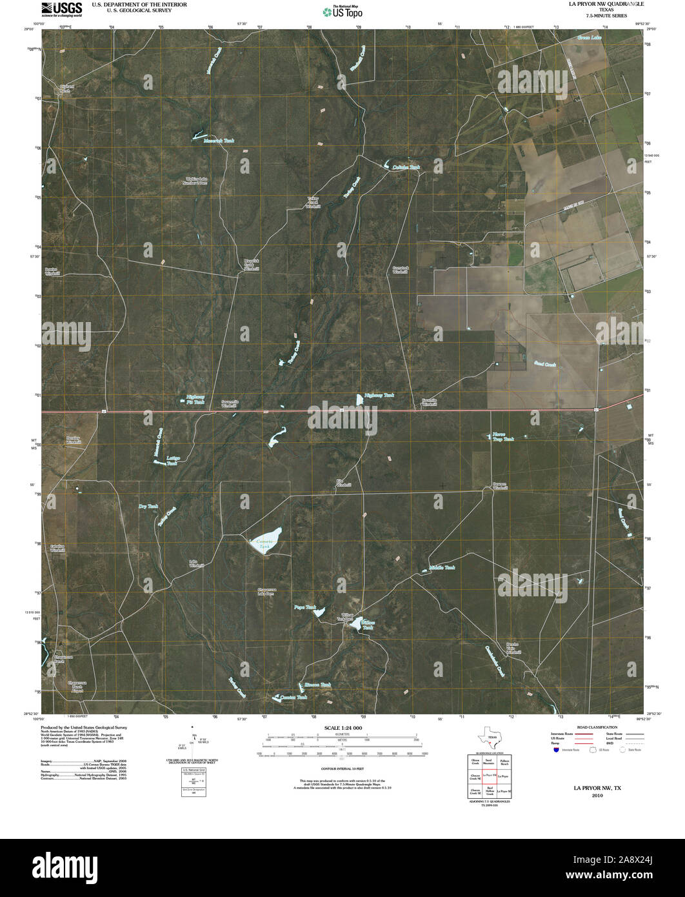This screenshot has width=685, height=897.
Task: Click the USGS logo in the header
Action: [61, 8]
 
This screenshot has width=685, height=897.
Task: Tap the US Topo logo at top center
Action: [342, 11]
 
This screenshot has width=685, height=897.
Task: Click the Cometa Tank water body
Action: [266, 539]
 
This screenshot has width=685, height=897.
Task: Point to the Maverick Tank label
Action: [219, 141]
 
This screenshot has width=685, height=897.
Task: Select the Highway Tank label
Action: [379, 395]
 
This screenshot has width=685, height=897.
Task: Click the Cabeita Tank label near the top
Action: [406, 167]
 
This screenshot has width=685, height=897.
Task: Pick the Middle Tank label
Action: [442, 568]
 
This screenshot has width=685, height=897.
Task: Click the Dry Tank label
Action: [148, 507]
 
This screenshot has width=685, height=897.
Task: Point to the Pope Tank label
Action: [304, 607]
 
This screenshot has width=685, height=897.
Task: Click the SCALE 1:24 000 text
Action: [342, 728]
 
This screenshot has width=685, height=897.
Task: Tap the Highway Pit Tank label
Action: [195, 399]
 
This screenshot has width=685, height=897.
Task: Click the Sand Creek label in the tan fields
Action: [544, 365]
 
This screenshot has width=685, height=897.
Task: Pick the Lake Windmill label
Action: [196, 563]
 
